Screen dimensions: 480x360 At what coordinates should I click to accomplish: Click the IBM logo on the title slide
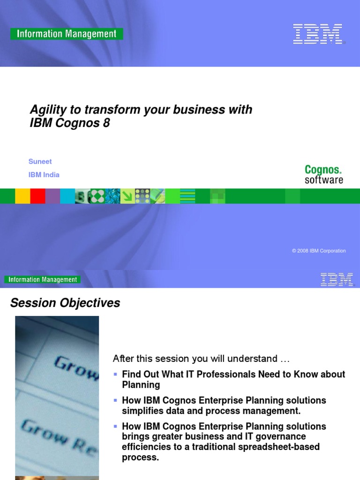point(317,34)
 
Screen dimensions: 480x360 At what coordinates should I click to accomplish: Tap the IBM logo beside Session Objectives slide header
point(337,280)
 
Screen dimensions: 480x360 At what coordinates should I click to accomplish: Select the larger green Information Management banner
point(67,34)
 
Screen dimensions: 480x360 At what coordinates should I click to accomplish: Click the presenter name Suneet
point(40,161)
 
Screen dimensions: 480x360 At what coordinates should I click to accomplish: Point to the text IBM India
point(44,175)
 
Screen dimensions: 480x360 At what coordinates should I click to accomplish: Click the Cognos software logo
point(323,174)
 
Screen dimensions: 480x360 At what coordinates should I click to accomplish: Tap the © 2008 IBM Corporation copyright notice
point(318,251)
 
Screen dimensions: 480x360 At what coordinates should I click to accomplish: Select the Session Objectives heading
point(65,303)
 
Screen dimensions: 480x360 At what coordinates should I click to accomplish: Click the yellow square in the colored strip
point(22,196)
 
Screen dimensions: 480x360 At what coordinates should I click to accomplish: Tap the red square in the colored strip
point(37,196)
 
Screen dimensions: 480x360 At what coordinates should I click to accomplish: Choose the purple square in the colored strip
point(52,196)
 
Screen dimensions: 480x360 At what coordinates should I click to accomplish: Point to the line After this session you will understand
point(201,359)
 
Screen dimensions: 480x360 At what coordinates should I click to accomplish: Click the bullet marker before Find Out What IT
point(116,374)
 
